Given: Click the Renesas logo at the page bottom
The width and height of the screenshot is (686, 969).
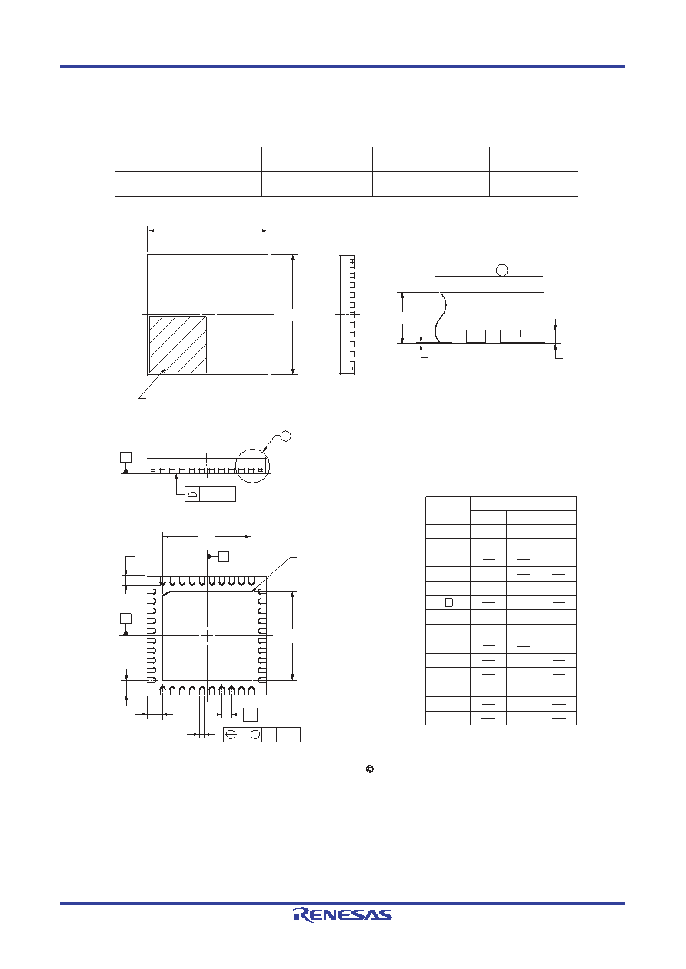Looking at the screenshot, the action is (x=342, y=914).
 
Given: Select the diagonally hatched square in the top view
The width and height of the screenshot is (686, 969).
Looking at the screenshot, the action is (x=178, y=344).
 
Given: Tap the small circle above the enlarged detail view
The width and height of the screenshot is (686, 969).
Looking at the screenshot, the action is (x=501, y=270).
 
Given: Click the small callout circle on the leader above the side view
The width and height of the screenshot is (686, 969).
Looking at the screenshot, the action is (x=285, y=436).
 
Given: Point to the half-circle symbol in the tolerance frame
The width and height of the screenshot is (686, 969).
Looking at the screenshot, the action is (x=192, y=494).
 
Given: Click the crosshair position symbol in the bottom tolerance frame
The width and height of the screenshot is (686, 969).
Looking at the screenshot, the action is (x=231, y=735).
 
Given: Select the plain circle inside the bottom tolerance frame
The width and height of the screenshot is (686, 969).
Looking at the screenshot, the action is (x=255, y=735).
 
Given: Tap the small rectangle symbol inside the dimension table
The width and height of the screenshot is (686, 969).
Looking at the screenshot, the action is (x=449, y=602).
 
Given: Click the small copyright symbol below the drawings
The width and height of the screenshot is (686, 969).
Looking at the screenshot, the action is (x=370, y=769).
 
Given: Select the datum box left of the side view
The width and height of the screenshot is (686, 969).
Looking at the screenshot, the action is (x=125, y=457).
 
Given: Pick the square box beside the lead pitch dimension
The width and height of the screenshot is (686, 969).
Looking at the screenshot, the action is (x=250, y=715).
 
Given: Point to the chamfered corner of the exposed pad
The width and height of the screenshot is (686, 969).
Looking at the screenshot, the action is (x=167, y=593).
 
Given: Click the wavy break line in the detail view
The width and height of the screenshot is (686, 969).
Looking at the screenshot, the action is (x=441, y=317).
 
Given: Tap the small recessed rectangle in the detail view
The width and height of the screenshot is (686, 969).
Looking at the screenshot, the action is (x=525, y=334).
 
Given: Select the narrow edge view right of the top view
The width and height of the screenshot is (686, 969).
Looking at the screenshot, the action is (x=347, y=314).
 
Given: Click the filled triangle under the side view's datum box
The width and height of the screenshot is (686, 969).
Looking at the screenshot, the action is (x=125, y=470).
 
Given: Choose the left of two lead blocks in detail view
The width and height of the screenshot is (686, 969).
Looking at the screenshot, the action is (x=458, y=337).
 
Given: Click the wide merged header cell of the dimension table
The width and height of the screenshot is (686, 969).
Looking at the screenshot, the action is (x=523, y=503).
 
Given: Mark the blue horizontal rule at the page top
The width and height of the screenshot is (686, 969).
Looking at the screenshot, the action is (x=342, y=67).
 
